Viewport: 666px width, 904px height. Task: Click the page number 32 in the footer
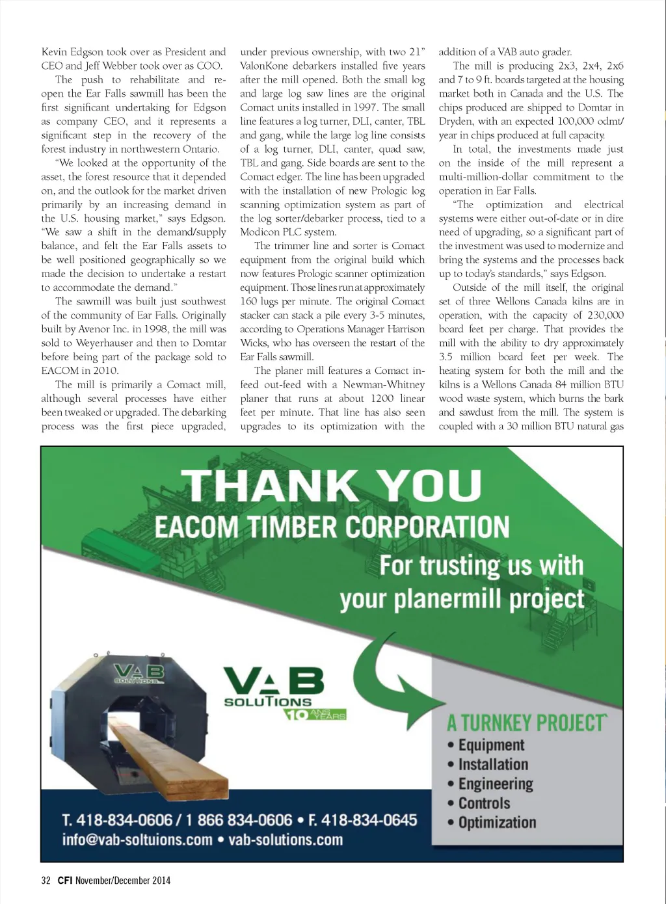coord(46,881)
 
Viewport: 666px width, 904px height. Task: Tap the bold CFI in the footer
coord(64,881)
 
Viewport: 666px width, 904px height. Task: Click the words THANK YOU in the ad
coord(332,486)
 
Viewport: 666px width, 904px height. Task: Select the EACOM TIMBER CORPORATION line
coord(332,527)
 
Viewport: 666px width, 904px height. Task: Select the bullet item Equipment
coord(491,745)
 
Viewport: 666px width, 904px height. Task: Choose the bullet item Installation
coord(493,765)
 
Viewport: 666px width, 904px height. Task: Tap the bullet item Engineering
coord(496,784)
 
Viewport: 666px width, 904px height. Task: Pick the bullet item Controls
coord(484,804)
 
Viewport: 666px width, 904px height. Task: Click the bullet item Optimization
coord(497,823)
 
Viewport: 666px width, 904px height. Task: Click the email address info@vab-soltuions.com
coord(137,840)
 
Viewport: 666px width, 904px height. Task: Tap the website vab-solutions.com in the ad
coord(286,840)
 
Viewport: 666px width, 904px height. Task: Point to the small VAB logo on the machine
coord(139,673)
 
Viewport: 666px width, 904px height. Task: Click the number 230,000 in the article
coord(605,315)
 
